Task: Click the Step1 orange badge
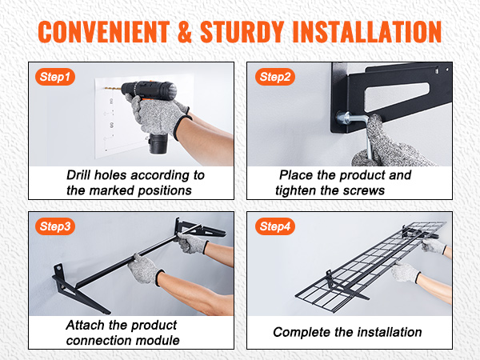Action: pos(55,77)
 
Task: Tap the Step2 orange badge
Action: pos(275,77)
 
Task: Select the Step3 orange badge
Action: pos(55,226)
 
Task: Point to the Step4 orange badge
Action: pos(275,226)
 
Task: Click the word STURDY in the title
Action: pos(242,32)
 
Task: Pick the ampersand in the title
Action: pos(185,32)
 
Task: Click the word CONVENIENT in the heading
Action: pos(104,32)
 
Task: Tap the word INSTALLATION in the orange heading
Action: pos(366,32)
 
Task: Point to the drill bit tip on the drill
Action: pos(106,88)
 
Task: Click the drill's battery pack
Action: pos(158,143)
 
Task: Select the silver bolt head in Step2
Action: pos(343,118)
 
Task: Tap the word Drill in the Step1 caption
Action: pos(78,175)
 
